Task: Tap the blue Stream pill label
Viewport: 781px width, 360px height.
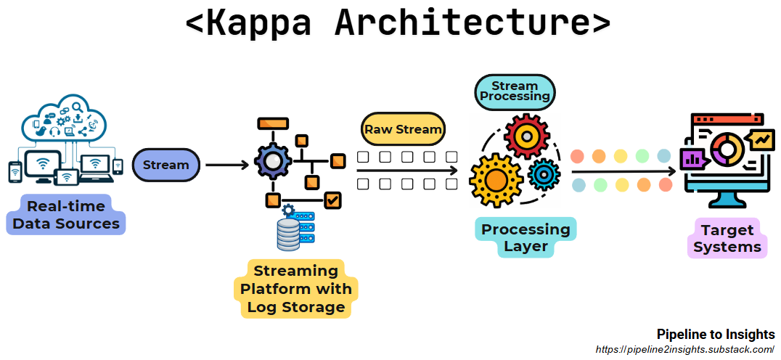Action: (165, 165)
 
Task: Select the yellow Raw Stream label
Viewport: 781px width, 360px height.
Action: (403, 130)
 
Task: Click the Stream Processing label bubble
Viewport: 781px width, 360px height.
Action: (515, 91)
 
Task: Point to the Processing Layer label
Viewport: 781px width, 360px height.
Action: (526, 238)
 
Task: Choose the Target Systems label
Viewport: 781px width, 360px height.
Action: (727, 238)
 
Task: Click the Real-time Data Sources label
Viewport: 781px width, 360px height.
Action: (66, 215)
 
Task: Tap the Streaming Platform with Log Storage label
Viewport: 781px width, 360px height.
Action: (295, 289)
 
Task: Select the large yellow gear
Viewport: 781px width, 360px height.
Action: (496, 179)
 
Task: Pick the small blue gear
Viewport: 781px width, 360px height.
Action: (542, 173)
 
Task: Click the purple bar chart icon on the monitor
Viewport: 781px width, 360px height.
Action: (691, 158)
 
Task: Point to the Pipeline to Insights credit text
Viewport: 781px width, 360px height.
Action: (715, 335)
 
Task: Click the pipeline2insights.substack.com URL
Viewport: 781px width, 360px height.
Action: (684, 350)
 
